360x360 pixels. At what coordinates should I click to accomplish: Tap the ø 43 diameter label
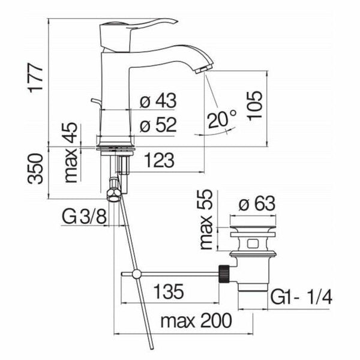click(x=158, y=101)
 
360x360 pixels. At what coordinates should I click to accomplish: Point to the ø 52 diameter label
click(x=158, y=126)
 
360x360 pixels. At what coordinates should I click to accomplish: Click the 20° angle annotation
click(x=223, y=119)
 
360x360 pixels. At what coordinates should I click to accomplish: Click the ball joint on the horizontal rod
click(x=137, y=274)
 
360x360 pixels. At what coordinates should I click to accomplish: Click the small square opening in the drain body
click(x=252, y=245)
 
